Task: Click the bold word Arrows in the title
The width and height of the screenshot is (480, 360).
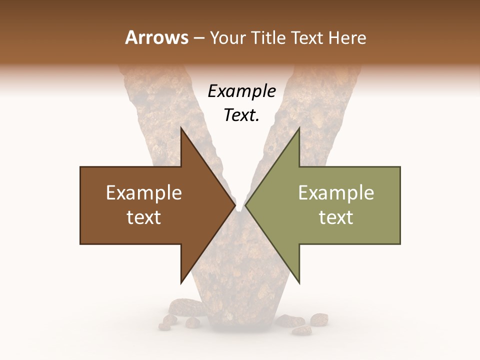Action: pyautogui.click(x=156, y=37)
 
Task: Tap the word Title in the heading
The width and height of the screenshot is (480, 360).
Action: pyautogui.click(x=267, y=37)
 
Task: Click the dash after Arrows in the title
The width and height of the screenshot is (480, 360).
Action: pyautogui.click(x=198, y=38)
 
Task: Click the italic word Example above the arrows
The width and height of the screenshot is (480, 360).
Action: pyautogui.click(x=241, y=91)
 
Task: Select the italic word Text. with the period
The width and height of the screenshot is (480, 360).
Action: pyautogui.click(x=241, y=115)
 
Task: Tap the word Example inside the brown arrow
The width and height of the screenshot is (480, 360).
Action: pyautogui.click(x=143, y=193)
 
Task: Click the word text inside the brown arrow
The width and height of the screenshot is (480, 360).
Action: pyautogui.click(x=143, y=217)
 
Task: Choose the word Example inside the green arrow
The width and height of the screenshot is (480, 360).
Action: pyautogui.click(x=336, y=193)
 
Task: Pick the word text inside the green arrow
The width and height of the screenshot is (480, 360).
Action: pyautogui.click(x=336, y=217)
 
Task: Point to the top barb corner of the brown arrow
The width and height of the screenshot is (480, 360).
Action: pyautogui.click(x=181, y=128)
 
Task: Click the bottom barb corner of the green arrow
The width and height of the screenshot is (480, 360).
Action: pyautogui.click(x=299, y=282)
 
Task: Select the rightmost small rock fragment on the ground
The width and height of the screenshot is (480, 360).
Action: pyautogui.click(x=318, y=318)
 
